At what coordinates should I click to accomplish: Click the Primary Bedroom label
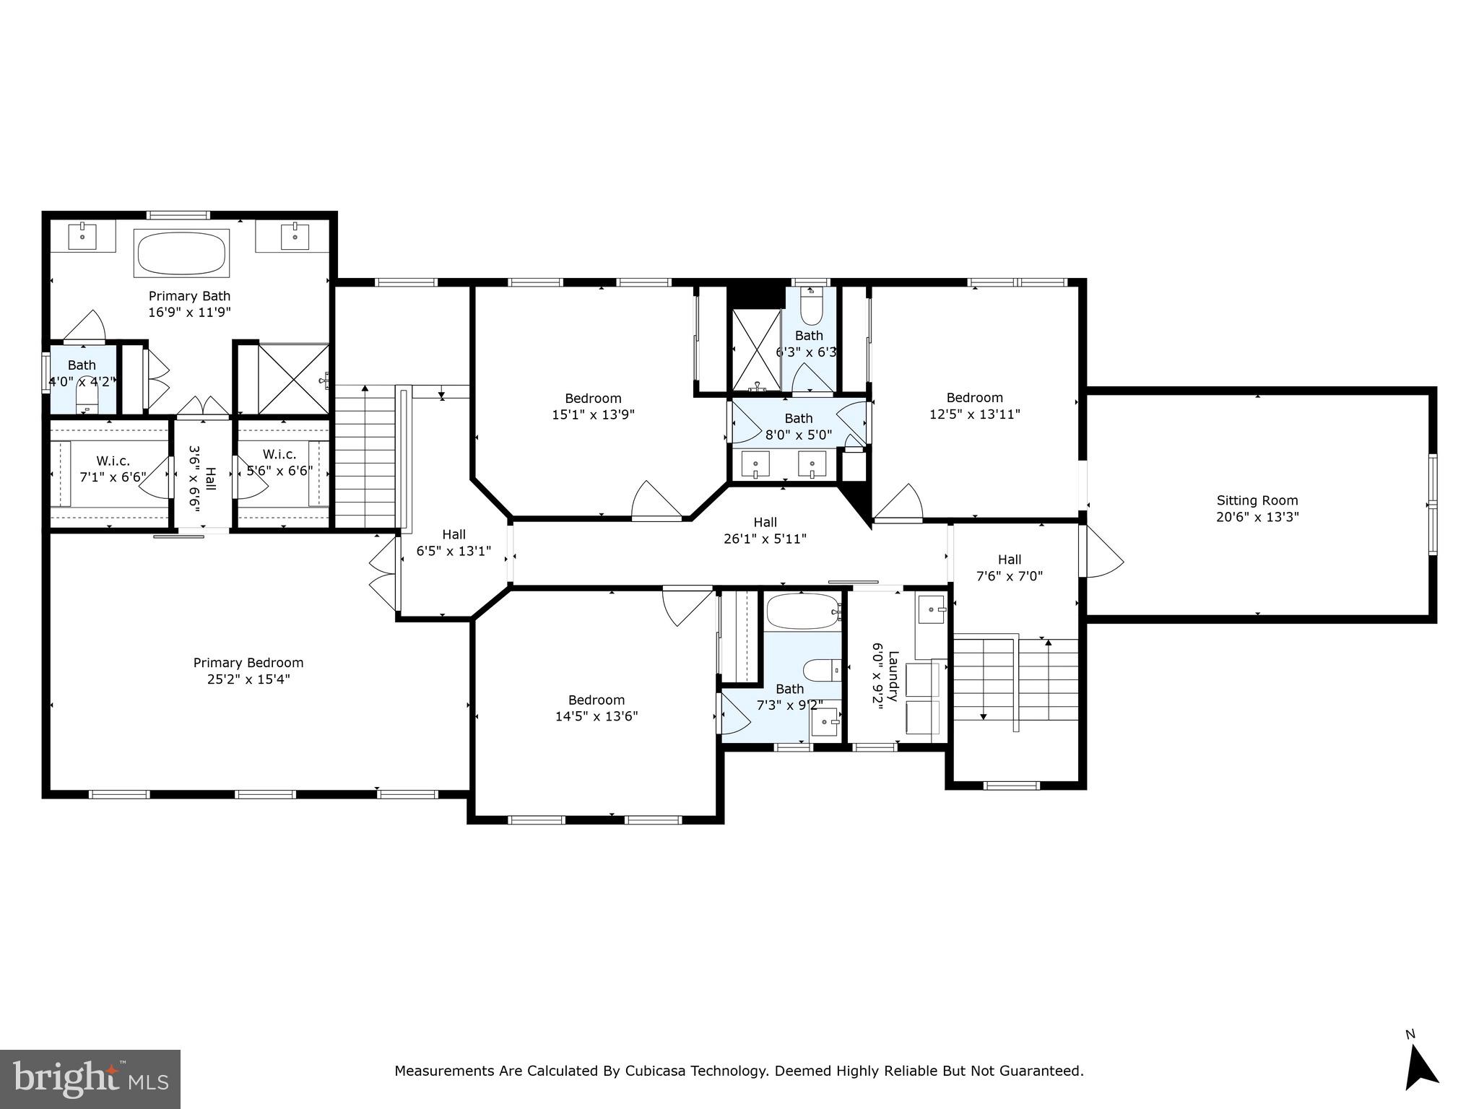tap(248, 663)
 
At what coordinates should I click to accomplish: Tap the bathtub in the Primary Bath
tap(181, 253)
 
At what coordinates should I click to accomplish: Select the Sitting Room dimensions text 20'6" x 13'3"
tap(1257, 517)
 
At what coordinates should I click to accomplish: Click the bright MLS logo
tap(90, 1079)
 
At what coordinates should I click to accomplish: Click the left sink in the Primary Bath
tap(82, 236)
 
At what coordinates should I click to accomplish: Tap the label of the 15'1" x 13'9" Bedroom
tap(593, 399)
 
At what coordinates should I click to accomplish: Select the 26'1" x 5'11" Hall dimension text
tap(765, 539)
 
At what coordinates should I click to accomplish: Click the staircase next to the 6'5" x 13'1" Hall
tap(365, 456)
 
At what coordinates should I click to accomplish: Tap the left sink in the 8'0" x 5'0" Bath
tap(755, 464)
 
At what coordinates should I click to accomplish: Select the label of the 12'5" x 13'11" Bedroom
tap(974, 398)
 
